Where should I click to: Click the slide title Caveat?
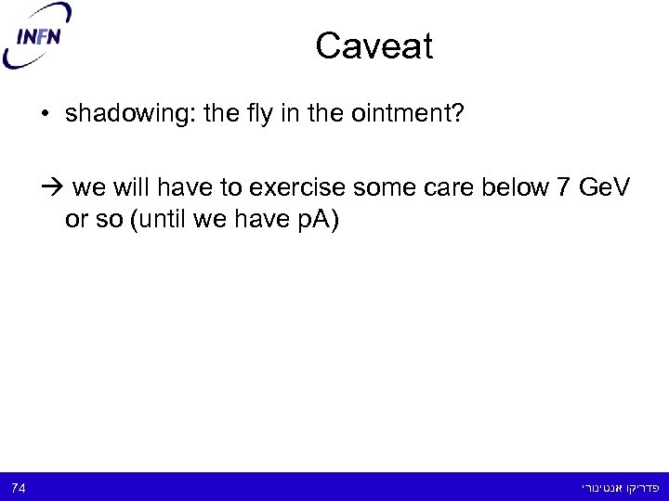pos(374,46)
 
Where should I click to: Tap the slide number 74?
pos(19,486)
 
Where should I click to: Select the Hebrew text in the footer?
pos(610,486)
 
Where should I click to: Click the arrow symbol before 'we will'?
pos(52,189)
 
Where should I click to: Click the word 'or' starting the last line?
pos(75,224)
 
